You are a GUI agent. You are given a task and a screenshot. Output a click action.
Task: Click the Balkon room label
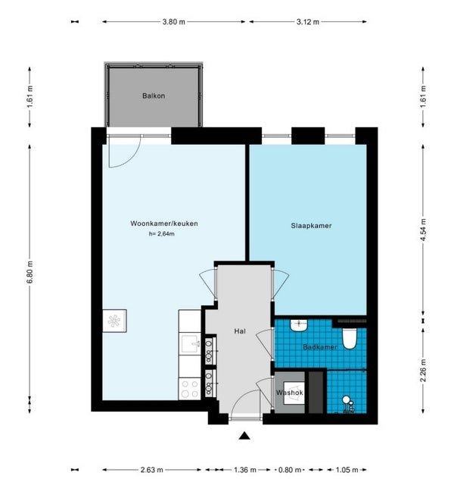[154, 95]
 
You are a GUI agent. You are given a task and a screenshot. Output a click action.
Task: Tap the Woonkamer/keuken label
[164, 224]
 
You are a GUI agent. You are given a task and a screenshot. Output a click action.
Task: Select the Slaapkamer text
[311, 226]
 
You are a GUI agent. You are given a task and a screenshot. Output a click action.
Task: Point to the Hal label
[240, 331]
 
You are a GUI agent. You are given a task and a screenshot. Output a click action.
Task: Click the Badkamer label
[320, 347]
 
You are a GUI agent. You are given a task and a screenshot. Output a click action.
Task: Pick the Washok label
[290, 393]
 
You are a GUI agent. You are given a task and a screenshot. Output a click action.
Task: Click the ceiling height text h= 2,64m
[162, 234]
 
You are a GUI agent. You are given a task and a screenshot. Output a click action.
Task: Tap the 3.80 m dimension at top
[174, 22]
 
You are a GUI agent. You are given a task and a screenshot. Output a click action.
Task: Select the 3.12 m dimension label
[307, 22]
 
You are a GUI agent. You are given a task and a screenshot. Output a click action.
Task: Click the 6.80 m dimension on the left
[30, 272]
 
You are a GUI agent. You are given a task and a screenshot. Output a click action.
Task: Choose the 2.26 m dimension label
[423, 370]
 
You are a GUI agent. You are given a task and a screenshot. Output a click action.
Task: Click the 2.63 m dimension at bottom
[151, 470]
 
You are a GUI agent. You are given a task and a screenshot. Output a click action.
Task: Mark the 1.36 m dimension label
[245, 470]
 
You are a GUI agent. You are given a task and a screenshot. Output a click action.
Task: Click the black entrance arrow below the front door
[244, 436]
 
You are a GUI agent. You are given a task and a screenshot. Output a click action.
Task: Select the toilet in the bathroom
[350, 339]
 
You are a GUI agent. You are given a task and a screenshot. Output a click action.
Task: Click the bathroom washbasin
[299, 325]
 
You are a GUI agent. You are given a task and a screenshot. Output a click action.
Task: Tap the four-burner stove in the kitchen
[190, 389]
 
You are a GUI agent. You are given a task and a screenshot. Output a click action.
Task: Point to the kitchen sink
[191, 344]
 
